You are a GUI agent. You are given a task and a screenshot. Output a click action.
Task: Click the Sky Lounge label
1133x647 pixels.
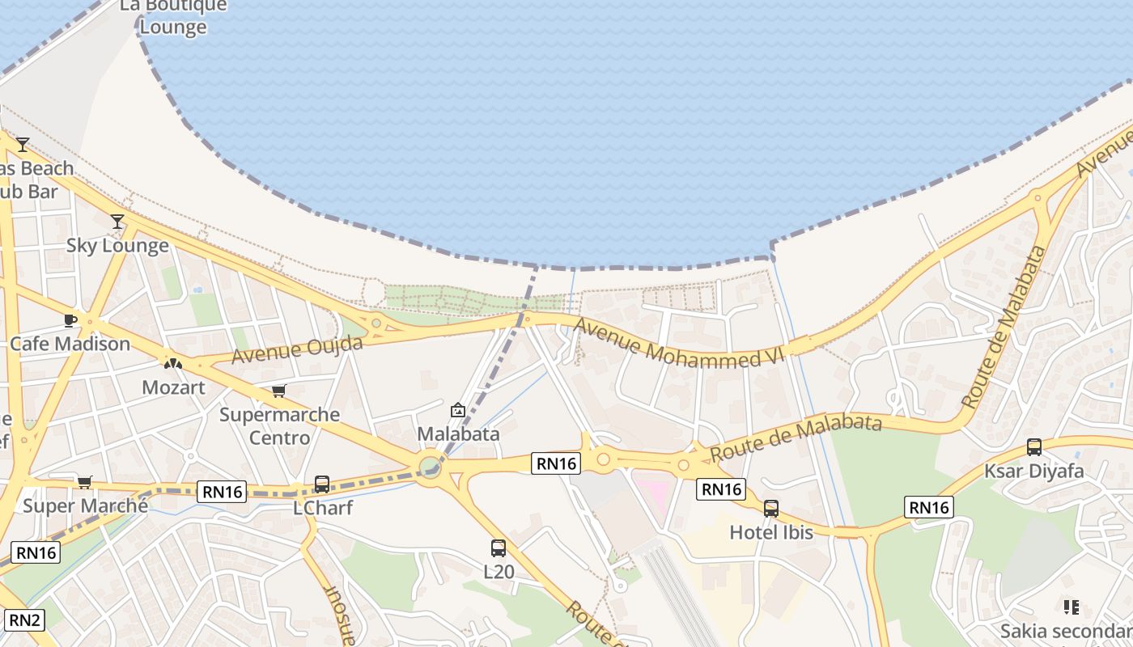(117, 245)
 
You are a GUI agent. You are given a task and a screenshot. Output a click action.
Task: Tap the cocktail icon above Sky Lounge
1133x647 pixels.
(117, 221)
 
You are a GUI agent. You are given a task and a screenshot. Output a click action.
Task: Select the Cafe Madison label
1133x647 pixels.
(70, 344)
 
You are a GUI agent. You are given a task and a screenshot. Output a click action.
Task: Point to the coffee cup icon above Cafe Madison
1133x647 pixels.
(70, 320)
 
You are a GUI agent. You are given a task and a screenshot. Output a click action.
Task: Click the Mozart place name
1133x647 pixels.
(173, 387)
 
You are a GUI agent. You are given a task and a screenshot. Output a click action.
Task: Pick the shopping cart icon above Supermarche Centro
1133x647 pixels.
(279, 391)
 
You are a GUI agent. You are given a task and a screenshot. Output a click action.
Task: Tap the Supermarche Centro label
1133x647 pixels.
(279, 426)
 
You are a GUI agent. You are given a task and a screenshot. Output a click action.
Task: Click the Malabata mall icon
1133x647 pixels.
(458, 410)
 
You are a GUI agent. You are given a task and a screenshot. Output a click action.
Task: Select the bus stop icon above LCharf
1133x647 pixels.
(322, 484)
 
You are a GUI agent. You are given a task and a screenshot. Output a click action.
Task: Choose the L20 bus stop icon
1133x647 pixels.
(499, 548)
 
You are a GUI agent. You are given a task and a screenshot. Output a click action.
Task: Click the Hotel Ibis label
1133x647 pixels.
(770, 532)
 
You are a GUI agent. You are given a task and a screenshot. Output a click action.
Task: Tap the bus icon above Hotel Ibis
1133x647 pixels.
(771, 509)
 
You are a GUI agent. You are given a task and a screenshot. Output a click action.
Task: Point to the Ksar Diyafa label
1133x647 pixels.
(1033, 471)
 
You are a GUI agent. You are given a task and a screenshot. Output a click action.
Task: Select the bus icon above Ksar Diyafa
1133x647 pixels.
(1034, 447)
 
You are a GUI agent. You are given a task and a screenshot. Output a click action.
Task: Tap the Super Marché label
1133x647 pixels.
(85, 506)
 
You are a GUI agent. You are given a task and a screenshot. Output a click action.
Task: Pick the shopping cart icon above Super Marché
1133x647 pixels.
(84, 483)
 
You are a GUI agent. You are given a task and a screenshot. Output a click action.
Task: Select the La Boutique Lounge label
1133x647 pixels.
(173, 16)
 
